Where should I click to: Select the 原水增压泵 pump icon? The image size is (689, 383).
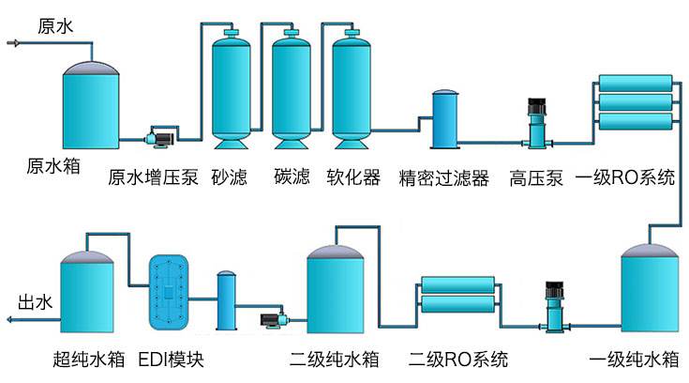(157, 138)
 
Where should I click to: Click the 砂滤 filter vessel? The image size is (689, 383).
(229, 89)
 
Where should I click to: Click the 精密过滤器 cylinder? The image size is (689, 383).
(443, 120)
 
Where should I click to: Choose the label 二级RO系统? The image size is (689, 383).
(458, 359)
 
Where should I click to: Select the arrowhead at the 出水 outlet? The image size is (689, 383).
(7, 320)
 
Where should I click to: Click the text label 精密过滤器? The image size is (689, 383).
(443, 176)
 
